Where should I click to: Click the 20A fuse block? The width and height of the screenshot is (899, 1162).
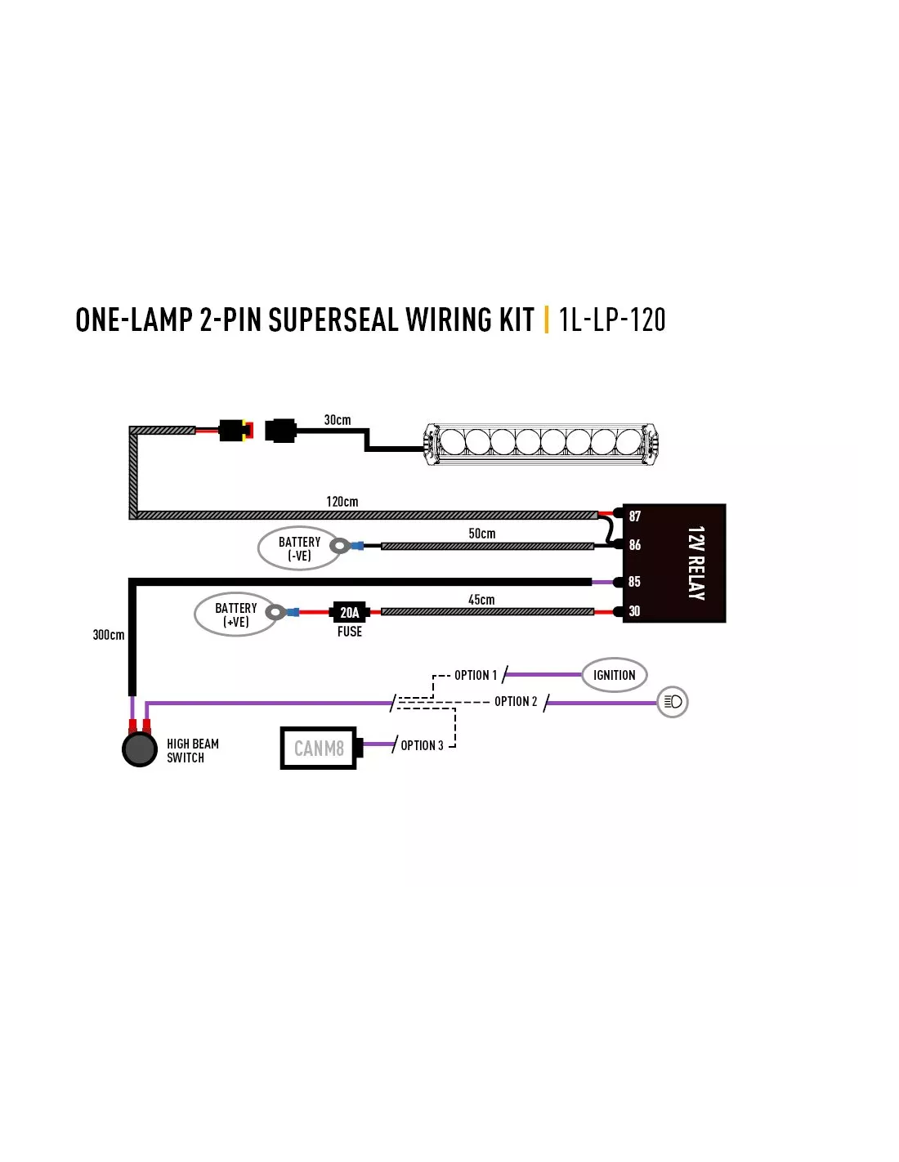349,612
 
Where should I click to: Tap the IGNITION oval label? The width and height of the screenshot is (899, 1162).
614,675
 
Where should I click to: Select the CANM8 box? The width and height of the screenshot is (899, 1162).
318,748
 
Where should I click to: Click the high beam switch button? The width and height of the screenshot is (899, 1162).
140,749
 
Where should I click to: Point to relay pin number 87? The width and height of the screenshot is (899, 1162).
634,516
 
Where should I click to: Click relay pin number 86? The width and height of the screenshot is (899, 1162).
634,545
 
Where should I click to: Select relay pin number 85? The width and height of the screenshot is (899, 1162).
634,581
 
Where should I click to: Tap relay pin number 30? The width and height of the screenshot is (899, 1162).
634,610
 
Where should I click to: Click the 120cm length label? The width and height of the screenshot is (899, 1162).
342,502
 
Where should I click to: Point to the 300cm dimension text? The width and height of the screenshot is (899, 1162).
109,635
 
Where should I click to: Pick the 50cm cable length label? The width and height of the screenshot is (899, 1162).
482,533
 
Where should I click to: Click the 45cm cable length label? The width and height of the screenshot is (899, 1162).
481,600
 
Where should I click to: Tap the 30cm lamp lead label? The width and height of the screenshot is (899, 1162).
338,420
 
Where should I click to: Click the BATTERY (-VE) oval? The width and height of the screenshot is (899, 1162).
299,548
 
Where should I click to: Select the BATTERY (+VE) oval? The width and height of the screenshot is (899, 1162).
236,615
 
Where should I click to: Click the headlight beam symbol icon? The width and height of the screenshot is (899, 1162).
673,702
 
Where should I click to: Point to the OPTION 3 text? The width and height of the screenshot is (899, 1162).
422,745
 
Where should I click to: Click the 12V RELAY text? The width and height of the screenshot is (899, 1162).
695,563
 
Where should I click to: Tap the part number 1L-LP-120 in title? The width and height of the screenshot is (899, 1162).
612,320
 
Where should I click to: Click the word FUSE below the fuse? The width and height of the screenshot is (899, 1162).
349,632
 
